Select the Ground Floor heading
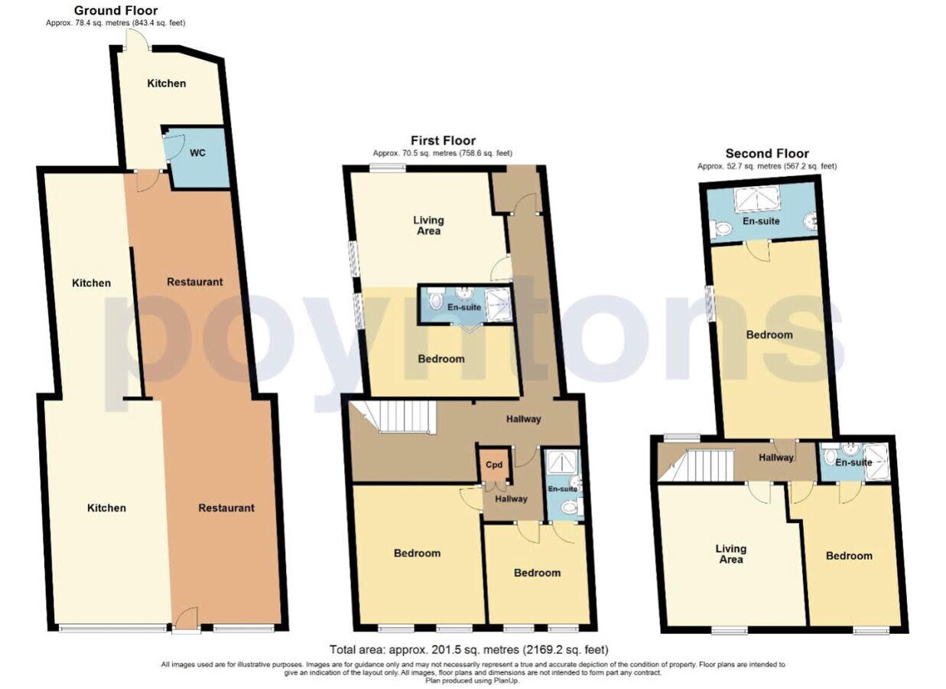pyautogui.click(x=115, y=11)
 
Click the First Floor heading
pyautogui.click(x=443, y=140)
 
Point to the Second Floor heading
pyautogui.click(x=766, y=154)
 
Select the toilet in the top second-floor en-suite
pyautogui.click(x=722, y=228)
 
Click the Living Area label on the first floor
pyautogui.click(x=428, y=225)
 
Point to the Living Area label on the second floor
pyautogui.click(x=731, y=553)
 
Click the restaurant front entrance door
pyautogui.click(x=186, y=619)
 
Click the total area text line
pyautogui.click(x=469, y=649)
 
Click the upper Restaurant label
pyautogui.click(x=195, y=282)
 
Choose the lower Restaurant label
pyautogui.click(x=226, y=508)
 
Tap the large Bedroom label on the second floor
pyautogui.click(x=769, y=335)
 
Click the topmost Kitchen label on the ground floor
pyautogui.click(x=166, y=83)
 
